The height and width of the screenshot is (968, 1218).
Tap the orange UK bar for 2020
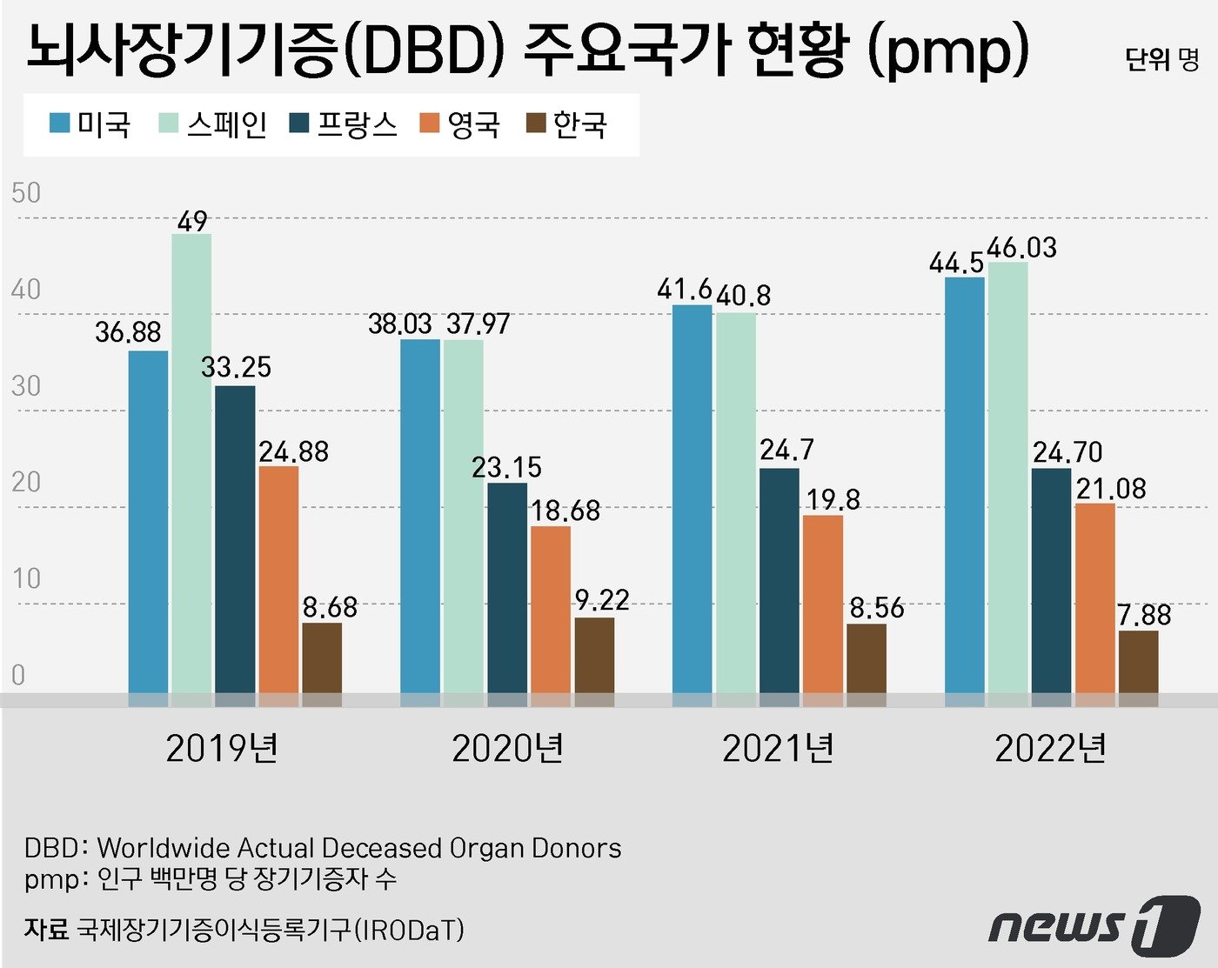tap(551, 609)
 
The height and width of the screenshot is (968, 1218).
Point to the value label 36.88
tap(128, 331)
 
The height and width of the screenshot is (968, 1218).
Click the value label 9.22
tap(601, 600)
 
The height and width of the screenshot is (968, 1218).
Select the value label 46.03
tap(1021, 248)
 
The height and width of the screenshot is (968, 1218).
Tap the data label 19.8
tap(833, 499)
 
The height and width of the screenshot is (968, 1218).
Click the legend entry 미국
tap(90, 124)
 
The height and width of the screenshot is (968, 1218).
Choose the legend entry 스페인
tap(213, 124)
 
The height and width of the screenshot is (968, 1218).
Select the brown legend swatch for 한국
tap(536, 124)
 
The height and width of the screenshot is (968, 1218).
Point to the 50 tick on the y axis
tap(26, 192)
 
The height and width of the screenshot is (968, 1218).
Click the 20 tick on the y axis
tap(26, 482)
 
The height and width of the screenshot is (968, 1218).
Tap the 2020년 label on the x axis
tap(507, 748)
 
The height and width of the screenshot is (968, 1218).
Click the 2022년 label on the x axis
tap(1050, 748)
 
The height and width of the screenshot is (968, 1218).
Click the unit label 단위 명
tap(1161, 59)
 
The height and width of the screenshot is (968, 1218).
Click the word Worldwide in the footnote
tap(164, 848)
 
